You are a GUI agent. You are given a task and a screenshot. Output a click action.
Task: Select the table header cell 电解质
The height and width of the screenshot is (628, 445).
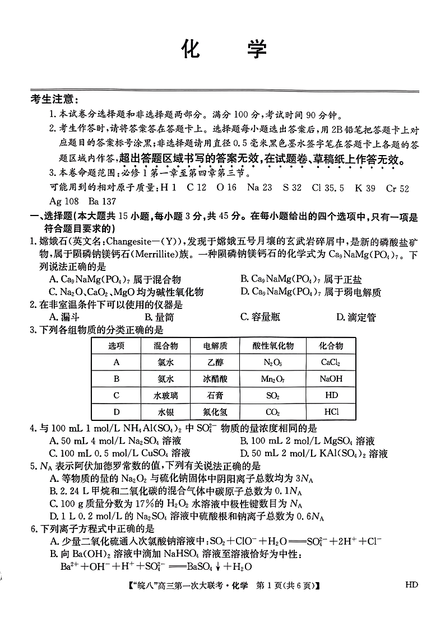click(x=215, y=345)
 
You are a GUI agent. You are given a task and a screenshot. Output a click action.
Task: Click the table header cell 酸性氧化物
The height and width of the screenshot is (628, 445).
click(x=273, y=345)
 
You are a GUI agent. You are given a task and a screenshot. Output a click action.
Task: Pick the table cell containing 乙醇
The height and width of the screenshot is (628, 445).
click(x=215, y=362)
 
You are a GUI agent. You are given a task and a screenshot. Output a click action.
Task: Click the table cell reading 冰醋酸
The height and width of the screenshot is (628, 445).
click(x=215, y=379)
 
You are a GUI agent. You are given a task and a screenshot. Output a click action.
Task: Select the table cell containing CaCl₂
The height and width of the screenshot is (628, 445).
click(x=331, y=362)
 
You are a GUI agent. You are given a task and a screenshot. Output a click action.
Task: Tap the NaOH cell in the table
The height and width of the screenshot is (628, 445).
click(x=331, y=379)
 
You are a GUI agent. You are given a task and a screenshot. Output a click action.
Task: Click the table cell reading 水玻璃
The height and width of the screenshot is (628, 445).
click(x=166, y=396)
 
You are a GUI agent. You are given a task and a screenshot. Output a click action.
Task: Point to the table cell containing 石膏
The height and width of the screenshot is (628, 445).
click(x=215, y=396)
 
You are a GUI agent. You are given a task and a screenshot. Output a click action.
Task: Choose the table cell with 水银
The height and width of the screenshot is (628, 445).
click(x=166, y=413)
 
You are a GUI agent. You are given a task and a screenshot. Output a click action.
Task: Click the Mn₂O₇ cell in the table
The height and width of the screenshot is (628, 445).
click(x=273, y=379)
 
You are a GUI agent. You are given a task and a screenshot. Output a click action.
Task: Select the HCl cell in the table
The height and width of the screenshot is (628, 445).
click(x=331, y=413)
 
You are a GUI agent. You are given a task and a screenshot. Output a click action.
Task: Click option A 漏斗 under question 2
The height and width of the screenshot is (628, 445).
click(x=62, y=317)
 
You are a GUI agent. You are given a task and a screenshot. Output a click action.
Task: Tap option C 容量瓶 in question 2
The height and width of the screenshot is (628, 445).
click(x=260, y=317)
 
